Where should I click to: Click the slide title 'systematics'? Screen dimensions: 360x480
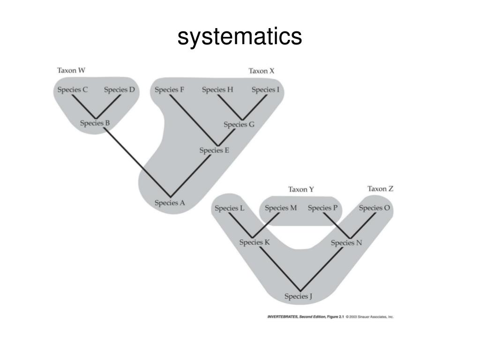[240, 37]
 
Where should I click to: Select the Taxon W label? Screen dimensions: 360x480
[71, 71]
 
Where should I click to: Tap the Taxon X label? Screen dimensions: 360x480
[261, 71]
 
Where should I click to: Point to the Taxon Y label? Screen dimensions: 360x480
[301, 189]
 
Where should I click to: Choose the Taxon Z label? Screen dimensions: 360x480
[380, 189]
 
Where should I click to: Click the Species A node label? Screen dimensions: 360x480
[170, 203]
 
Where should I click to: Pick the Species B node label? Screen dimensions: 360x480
[95, 123]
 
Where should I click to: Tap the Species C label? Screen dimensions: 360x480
[72, 90]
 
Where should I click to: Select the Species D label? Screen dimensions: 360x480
[119, 90]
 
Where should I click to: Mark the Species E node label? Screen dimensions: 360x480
[214, 150]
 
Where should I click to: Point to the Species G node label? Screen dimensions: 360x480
[239, 125]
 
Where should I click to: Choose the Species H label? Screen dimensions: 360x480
[217, 90]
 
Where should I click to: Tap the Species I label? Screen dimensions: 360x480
[265, 90]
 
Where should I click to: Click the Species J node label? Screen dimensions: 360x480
[299, 296]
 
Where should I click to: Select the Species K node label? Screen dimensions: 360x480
[255, 242]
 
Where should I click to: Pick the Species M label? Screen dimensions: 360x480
[281, 208]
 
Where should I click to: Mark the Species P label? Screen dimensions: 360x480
[322, 208]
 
